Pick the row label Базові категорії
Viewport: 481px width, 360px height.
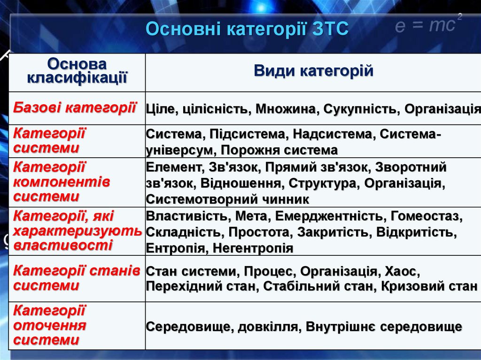[75, 107]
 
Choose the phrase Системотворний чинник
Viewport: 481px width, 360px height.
[228, 199]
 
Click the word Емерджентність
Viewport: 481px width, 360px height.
[329, 216]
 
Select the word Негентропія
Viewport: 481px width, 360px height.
[253, 248]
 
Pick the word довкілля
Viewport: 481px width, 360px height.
[269, 327]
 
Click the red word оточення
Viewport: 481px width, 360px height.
[49, 325]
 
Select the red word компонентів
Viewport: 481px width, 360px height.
[62, 182]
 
